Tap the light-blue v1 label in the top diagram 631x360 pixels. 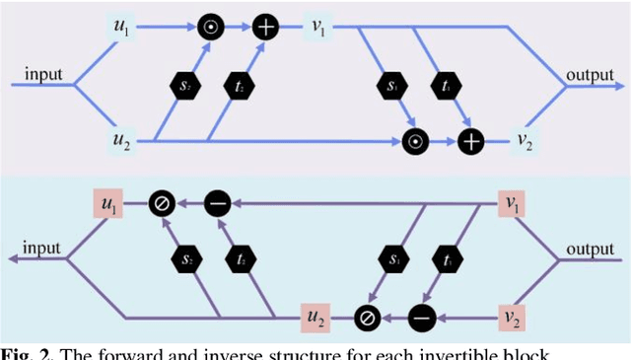coord(319,27)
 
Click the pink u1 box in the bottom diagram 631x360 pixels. coord(108,204)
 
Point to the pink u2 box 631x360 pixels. coord(314,318)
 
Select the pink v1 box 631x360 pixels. coord(512,204)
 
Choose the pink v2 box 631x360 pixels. coord(512,318)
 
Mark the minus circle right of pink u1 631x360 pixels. coord(217,204)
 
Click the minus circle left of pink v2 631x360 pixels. coord(421,318)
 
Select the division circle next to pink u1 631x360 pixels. coord(162,204)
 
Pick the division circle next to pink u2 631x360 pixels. coord(368,318)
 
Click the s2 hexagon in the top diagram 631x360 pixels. coord(183,85)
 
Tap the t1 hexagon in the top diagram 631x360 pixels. coord(446,85)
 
